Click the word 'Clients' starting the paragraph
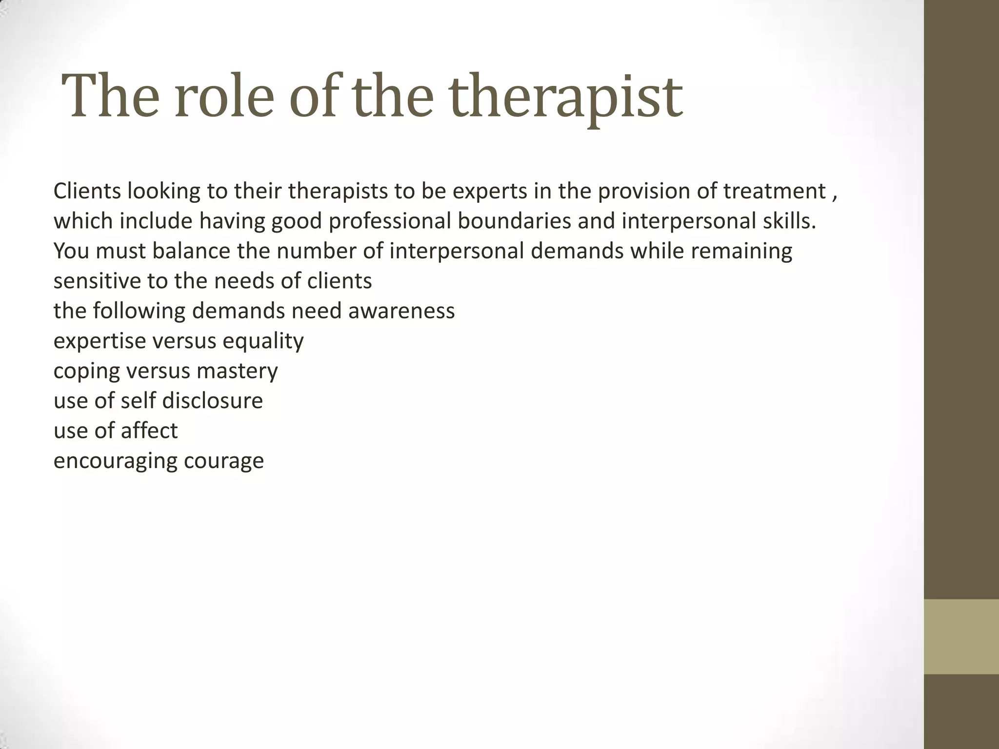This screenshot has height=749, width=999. (87, 191)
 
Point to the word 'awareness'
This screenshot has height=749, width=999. (401, 311)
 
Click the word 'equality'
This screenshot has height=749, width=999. (263, 341)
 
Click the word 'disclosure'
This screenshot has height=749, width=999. (212, 401)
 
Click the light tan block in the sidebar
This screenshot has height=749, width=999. (961, 636)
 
